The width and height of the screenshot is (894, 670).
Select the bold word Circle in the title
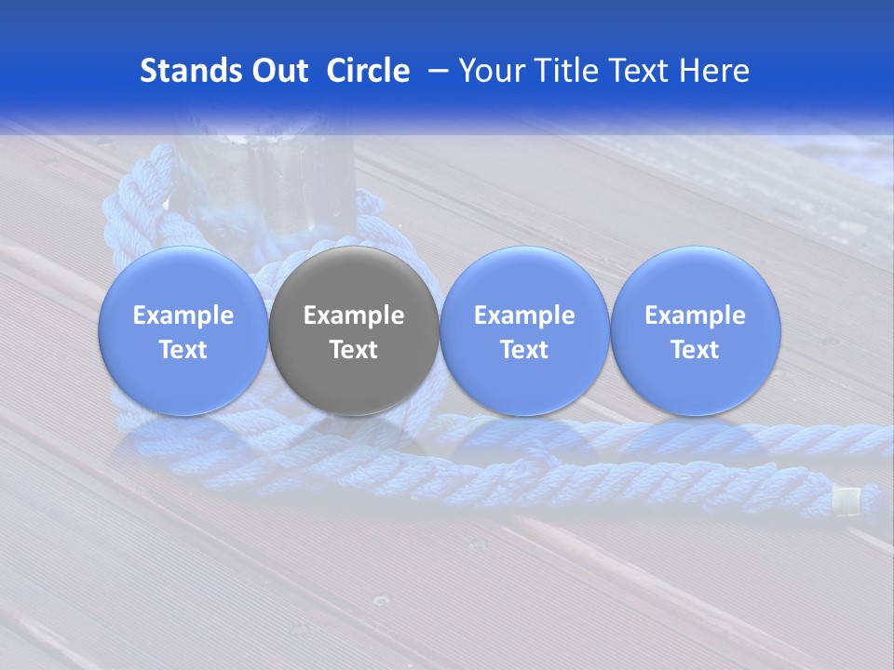(368, 71)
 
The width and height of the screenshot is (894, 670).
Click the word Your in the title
(490, 71)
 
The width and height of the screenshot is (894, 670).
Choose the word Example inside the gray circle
(354, 315)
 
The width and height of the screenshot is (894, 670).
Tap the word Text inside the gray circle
(354, 350)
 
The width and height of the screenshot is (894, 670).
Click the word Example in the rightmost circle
(695, 315)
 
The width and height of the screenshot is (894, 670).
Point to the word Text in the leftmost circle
(183, 350)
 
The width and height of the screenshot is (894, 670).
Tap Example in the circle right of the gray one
(524, 315)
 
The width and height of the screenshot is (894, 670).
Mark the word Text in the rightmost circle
(695, 350)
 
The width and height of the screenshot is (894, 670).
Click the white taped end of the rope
(847, 502)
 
